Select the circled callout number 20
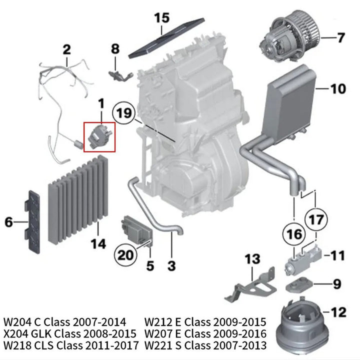click(125, 255)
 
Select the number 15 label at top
click(161, 18)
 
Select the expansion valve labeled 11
click(304, 258)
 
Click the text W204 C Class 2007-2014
click(65, 321)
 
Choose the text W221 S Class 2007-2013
click(205, 345)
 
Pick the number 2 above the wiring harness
click(66, 49)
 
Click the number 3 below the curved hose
click(171, 266)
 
